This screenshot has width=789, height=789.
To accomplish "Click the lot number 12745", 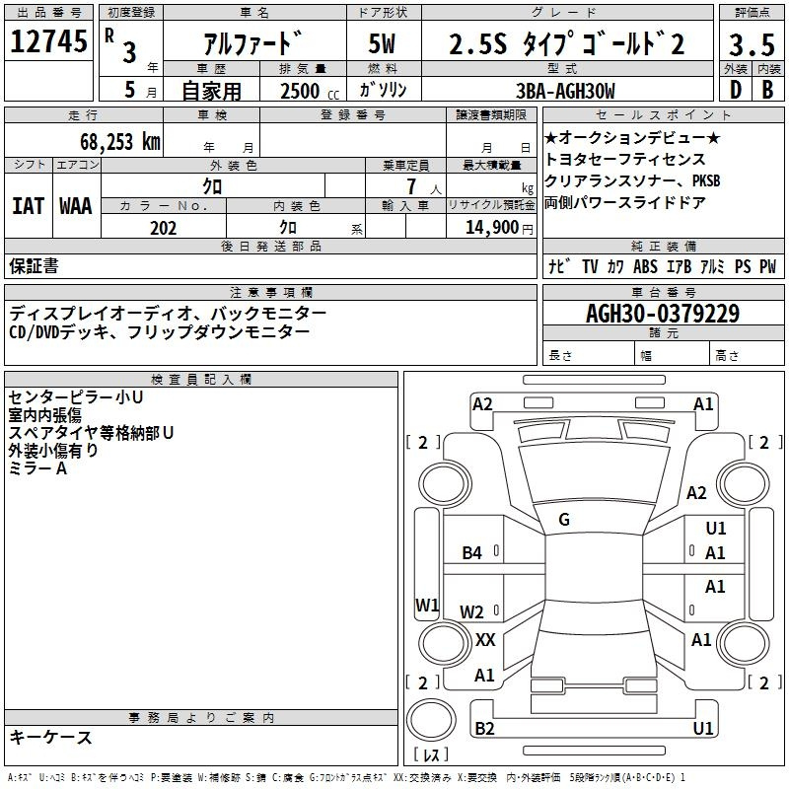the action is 48,41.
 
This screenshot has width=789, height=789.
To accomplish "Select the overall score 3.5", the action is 752,44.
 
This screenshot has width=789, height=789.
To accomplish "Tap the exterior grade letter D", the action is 735,90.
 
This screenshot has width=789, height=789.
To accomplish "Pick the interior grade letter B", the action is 767,90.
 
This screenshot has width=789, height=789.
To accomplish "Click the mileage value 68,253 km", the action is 120,141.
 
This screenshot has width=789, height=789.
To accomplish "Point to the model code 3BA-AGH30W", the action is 565,91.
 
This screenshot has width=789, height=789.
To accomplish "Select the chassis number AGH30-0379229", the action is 663,313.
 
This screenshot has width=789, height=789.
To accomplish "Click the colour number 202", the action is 163,228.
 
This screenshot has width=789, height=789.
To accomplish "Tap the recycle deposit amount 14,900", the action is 492,228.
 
